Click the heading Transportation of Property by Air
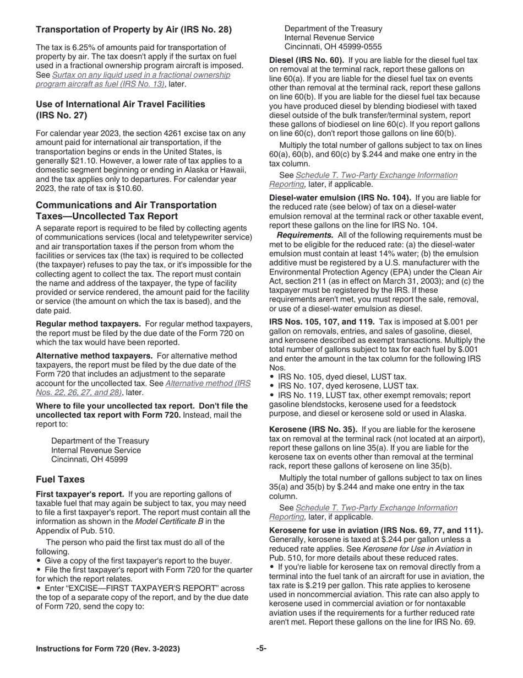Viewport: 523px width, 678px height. point(134,29)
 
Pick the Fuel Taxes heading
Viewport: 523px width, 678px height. point(60,480)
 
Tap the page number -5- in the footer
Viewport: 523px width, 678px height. point(261,649)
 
